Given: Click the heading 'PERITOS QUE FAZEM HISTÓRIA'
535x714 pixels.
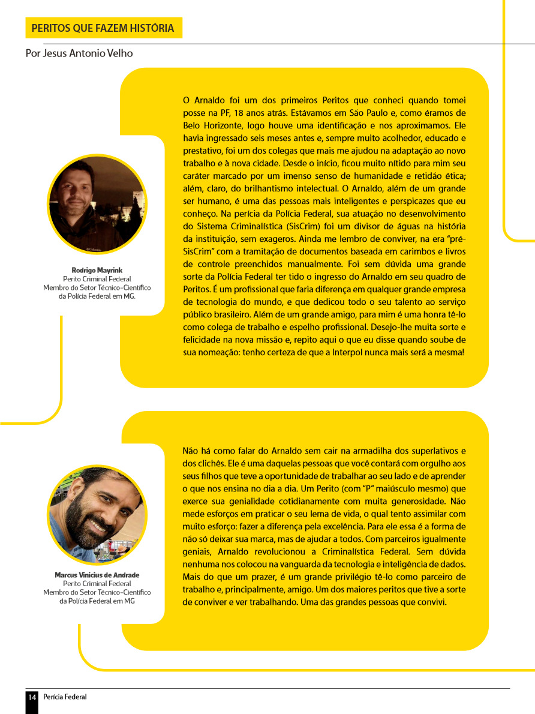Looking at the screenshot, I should [x=103, y=28].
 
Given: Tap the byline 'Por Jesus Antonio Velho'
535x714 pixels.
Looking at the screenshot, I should [x=79, y=53].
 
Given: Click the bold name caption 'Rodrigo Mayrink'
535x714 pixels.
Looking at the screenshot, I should [x=97, y=270].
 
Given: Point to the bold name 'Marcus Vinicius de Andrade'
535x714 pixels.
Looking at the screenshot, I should [x=97, y=575].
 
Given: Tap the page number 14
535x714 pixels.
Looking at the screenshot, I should [x=32, y=697].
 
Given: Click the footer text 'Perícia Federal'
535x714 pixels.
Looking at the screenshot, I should [x=65, y=697].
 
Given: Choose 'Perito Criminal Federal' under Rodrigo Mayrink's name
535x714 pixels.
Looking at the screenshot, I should [x=97, y=279].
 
